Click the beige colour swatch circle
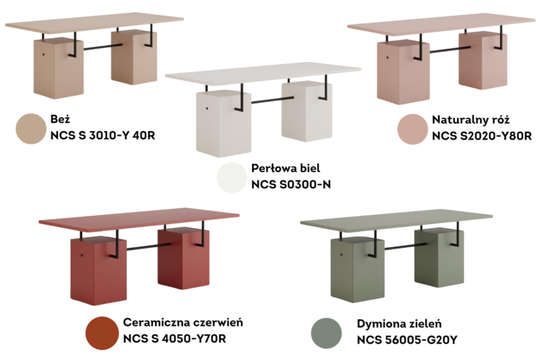(31, 128)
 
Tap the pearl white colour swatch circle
(232, 178)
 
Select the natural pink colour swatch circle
(412, 129)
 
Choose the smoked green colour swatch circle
(326, 333)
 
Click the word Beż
(60, 119)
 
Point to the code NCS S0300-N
(291, 184)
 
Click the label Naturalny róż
(470, 120)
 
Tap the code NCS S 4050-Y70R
(175, 338)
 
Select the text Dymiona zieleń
(399, 324)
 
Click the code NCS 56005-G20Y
(407, 340)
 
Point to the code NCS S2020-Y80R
(482, 136)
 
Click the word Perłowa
(272, 168)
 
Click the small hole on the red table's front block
(82, 255)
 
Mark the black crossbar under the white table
(272, 100)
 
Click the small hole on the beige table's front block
(43, 55)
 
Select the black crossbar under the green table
(405, 247)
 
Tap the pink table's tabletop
(441, 25)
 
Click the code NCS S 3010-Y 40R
(103, 135)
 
